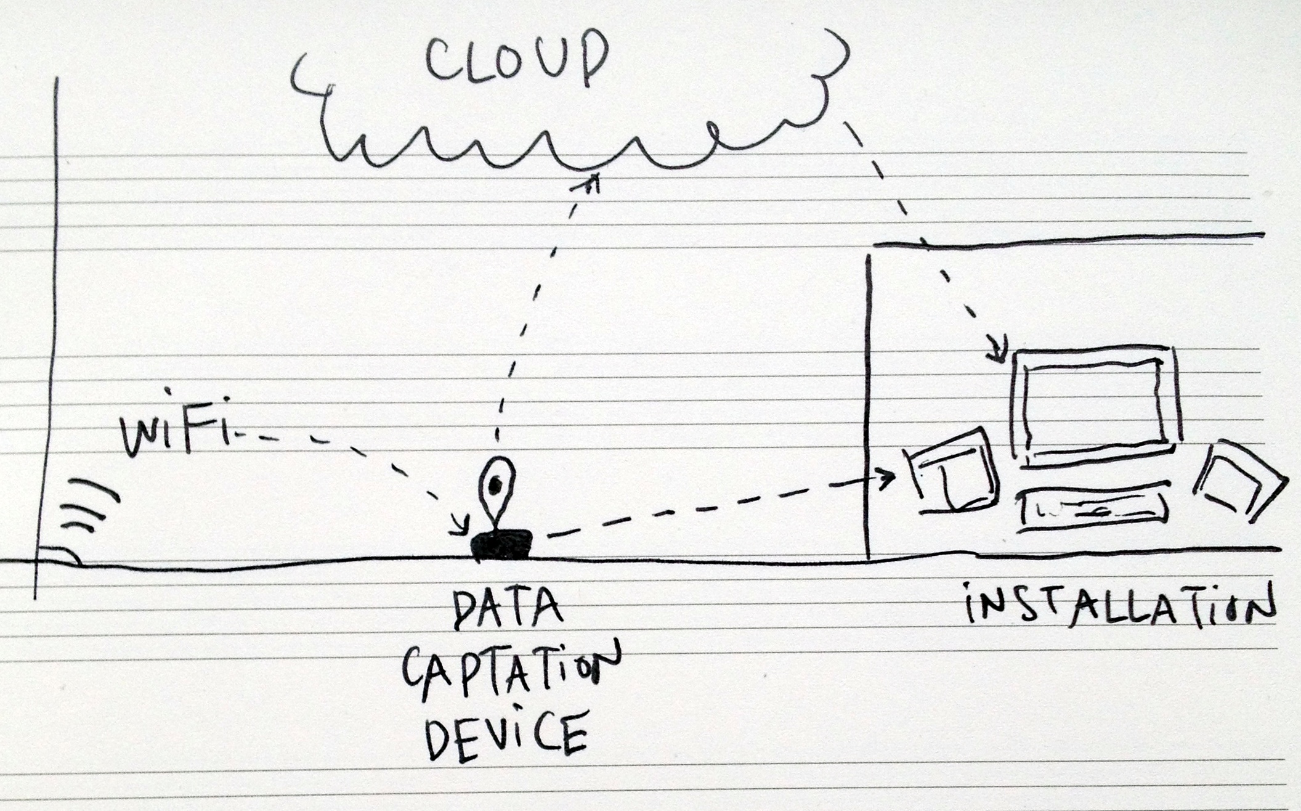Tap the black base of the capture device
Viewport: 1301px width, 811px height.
point(502,545)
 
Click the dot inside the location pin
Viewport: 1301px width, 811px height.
point(495,486)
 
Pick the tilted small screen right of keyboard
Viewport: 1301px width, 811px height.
point(1239,481)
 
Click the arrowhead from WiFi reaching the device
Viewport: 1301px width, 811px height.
point(460,526)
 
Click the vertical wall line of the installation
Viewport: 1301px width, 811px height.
point(868,407)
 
